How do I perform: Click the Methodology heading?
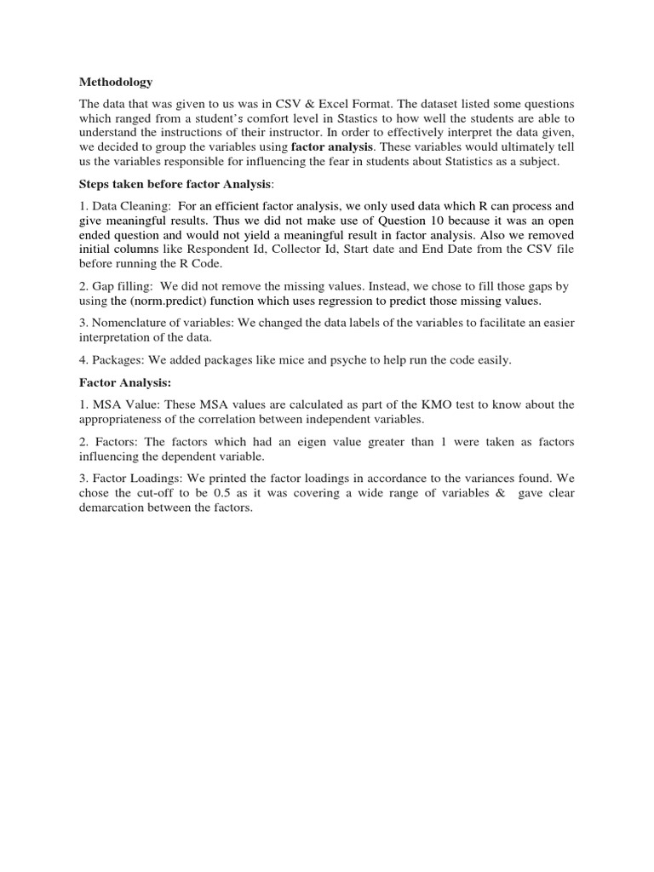[116, 83]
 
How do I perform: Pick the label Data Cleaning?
[132, 205]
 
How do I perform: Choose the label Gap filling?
[123, 287]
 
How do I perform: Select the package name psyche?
[313, 360]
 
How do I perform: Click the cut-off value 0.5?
[214, 493]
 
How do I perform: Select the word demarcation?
[117, 508]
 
